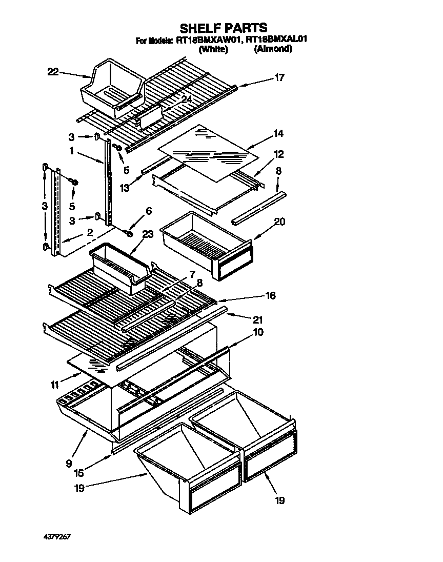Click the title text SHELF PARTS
click(223, 28)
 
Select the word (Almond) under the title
click(273, 49)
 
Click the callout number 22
click(53, 72)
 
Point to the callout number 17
click(279, 78)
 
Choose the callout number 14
click(278, 133)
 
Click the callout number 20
click(279, 222)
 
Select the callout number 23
click(148, 234)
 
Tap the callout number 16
click(270, 295)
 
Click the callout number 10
click(258, 332)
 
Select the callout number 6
click(149, 211)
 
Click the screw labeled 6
click(129, 233)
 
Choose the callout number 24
click(186, 98)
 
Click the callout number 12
click(278, 154)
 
